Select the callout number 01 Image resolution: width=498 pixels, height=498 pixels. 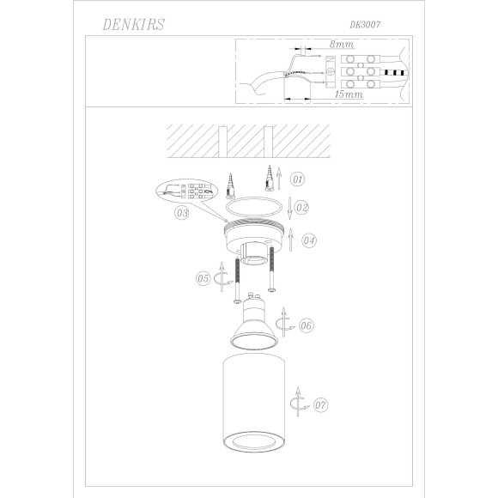tap(297, 180)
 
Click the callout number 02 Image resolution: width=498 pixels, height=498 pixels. tap(300, 207)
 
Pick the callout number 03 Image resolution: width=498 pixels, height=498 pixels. tap(181, 212)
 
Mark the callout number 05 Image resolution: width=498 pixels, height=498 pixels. tap(203, 278)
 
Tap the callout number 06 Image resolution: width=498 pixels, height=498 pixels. tap(307, 325)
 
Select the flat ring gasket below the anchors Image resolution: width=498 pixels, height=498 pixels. tap(251, 208)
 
